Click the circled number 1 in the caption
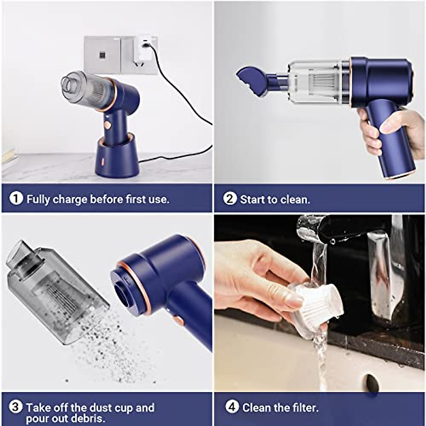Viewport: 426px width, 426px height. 16,198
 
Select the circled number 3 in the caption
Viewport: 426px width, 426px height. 15,407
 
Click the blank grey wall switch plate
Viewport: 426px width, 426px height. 102,55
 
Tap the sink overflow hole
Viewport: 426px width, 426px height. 372,383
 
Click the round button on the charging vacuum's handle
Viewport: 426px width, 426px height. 107,125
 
